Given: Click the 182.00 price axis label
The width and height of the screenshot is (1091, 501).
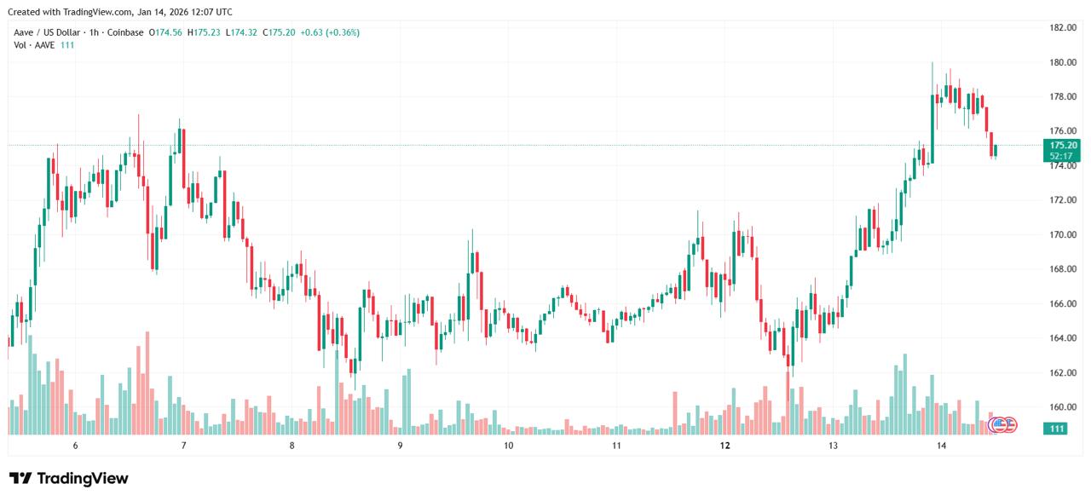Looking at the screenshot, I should (1062, 27).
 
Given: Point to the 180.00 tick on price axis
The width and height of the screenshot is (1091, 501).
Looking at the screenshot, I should (1062, 62).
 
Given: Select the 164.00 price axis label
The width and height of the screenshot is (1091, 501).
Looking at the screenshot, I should (1062, 338).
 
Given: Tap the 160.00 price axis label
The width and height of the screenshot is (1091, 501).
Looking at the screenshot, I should (1062, 407).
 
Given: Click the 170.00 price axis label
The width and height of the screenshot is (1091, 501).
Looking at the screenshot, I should (1062, 234).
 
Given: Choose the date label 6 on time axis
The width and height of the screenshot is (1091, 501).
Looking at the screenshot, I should (76, 446).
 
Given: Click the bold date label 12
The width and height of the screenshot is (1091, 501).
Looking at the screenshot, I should (725, 446).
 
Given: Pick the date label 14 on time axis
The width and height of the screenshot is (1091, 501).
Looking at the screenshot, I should (941, 446).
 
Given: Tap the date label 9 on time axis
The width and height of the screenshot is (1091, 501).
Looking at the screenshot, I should (400, 446).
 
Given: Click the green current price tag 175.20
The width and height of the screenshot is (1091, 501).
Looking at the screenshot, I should (1063, 146).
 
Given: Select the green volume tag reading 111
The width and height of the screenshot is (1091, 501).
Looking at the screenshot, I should (1058, 429).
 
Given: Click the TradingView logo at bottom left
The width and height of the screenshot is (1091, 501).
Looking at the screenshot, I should (68, 478).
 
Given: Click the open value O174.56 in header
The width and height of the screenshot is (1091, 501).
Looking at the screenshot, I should (166, 32).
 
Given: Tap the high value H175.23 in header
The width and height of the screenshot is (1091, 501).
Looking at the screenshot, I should (204, 32).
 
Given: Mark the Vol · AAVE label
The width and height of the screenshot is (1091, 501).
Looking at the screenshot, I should (32, 44).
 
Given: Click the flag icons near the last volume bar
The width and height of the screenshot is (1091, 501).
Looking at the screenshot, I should (1002, 423).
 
